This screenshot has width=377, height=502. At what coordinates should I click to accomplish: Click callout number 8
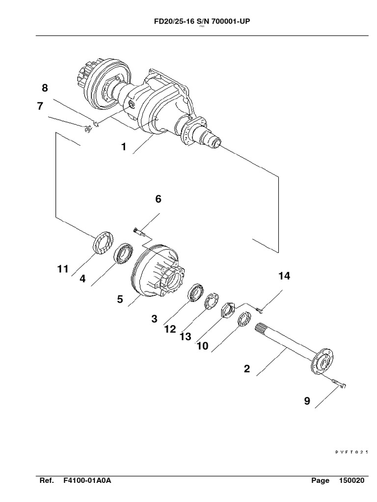point(45,88)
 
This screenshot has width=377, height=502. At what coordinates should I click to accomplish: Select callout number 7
point(40,106)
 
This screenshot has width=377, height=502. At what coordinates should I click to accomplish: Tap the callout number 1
point(124,147)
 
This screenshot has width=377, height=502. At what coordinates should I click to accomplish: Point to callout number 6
point(158,199)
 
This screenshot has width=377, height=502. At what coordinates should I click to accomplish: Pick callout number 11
point(62,269)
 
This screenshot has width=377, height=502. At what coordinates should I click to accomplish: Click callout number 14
point(284,276)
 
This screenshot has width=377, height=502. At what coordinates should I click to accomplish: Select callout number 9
point(307,401)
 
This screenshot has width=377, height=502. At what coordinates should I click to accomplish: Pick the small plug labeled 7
point(87,129)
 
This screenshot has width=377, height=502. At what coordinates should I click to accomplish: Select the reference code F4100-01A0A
point(87,481)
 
